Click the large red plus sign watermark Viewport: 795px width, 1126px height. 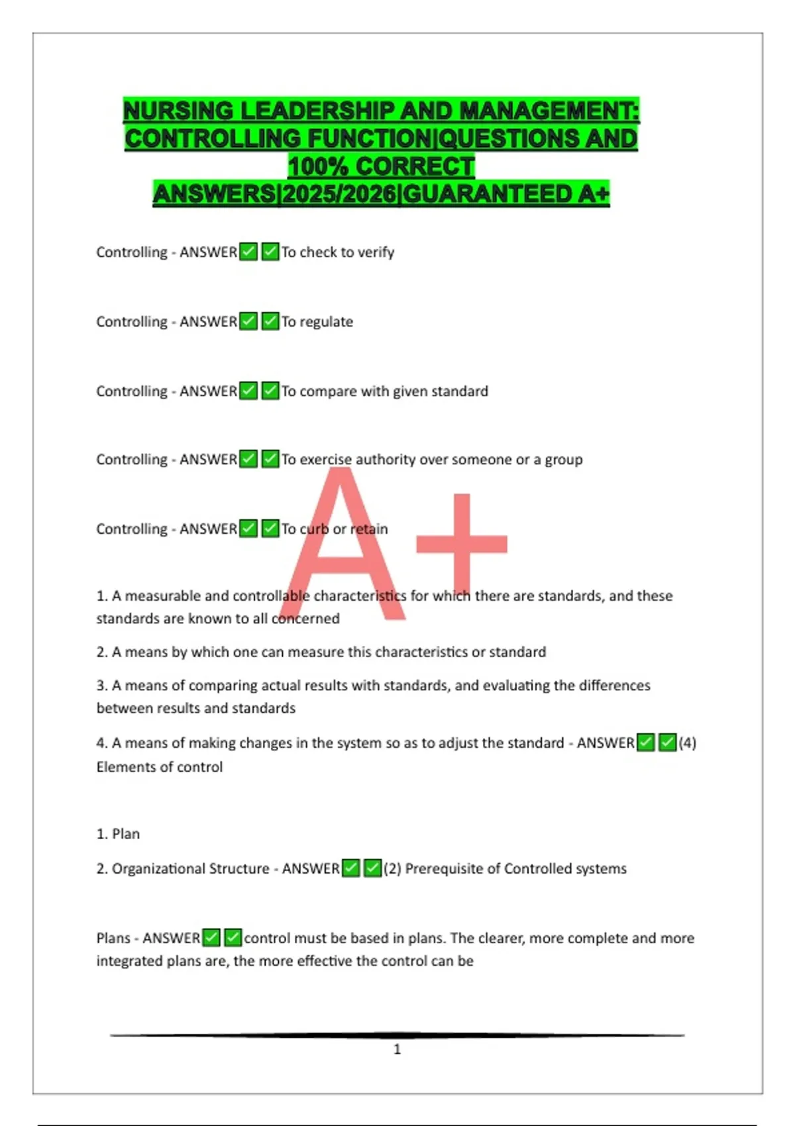point(462,543)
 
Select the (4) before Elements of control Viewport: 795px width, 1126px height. point(687,743)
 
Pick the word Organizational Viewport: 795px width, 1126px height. point(157,869)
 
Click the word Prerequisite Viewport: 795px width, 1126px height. point(444,869)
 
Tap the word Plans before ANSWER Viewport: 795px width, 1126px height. point(113,939)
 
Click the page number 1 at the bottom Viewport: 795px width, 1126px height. point(397,1049)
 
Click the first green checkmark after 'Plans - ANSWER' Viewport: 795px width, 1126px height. point(211,938)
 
